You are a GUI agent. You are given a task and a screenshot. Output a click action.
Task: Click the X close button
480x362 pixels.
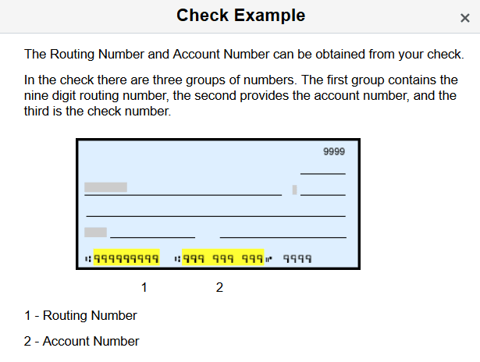click(464, 18)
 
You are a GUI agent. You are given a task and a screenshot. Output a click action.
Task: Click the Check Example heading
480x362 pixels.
click(240, 16)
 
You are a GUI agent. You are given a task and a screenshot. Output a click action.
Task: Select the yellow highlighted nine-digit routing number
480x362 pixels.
click(126, 258)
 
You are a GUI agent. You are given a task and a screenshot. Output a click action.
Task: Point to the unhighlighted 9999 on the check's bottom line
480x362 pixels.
click(297, 258)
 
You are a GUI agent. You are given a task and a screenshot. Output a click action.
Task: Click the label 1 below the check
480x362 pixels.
click(144, 288)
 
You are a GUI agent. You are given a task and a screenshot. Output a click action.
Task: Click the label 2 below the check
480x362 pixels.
click(219, 288)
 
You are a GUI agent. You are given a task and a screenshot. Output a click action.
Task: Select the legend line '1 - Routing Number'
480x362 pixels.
click(80, 316)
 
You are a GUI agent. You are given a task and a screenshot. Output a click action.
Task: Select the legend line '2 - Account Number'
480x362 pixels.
click(82, 342)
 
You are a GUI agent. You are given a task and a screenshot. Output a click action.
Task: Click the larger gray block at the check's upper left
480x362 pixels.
click(105, 187)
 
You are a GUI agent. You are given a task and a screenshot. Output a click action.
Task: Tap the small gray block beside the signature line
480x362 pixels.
click(95, 232)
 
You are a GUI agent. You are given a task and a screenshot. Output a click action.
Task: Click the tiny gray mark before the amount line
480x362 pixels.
click(294, 190)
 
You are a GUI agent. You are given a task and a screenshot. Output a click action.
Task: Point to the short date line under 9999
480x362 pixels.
click(322, 173)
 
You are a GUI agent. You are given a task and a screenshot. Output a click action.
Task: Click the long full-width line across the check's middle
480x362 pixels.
click(215, 215)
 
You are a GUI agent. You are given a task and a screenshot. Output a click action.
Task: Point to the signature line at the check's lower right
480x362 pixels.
click(283, 236)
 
